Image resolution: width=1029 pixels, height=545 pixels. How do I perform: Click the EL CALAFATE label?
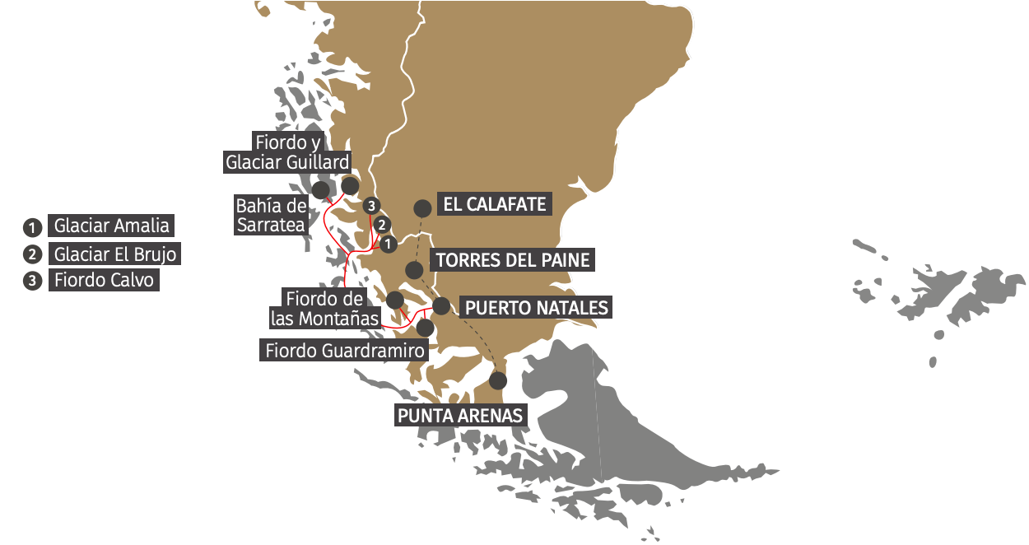pyautogui.click(x=495, y=204)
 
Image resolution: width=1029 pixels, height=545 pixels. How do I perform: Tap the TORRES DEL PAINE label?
pyautogui.click(x=513, y=260)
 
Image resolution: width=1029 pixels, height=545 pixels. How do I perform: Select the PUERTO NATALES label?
pyautogui.click(x=536, y=308)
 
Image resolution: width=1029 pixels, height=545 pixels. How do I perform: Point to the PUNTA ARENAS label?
pyautogui.click(x=460, y=416)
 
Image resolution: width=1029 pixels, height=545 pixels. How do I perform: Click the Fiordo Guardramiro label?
pyautogui.click(x=345, y=351)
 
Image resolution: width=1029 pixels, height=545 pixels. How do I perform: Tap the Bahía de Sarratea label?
pyautogui.click(x=271, y=215)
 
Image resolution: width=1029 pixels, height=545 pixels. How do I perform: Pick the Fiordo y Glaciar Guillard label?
pyautogui.click(x=288, y=152)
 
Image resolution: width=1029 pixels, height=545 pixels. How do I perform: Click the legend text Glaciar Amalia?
pyautogui.click(x=111, y=226)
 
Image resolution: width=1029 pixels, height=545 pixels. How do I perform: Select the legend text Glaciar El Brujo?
pyautogui.click(x=114, y=254)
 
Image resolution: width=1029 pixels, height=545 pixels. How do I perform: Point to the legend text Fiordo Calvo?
pyautogui.click(x=104, y=280)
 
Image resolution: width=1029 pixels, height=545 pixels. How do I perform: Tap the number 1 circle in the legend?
pyautogui.click(x=32, y=226)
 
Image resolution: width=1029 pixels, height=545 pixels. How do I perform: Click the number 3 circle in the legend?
pyautogui.click(x=32, y=281)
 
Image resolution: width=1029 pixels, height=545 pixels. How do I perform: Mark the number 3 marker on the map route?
pyautogui.click(x=372, y=205)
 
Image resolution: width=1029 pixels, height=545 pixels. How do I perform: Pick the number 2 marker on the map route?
pyautogui.click(x=380, y=224)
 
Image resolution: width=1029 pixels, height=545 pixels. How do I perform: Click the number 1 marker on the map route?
pyautogui.click(x=389, y=243)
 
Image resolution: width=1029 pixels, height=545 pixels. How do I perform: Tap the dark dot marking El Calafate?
pyautogui.click(x=422, y=208)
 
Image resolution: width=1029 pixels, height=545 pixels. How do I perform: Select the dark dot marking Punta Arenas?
pyautogui.click(x=497, y=380)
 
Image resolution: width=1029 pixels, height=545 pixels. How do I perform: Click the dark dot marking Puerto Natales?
pyautogui.click(x=441, y=306)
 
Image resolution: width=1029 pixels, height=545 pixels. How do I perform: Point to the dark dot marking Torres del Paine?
pyautogui.click(x=415, y=269)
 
